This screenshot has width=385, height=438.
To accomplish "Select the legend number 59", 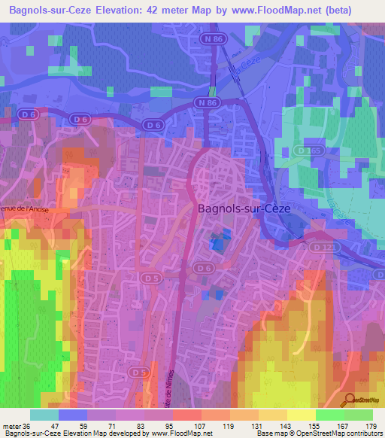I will click(87, 425).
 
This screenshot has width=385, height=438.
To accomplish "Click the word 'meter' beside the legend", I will click(13, 425).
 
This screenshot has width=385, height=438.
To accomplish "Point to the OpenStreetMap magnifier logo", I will click(350, 400).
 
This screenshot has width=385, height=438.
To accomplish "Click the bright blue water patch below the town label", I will click(217, 242).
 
